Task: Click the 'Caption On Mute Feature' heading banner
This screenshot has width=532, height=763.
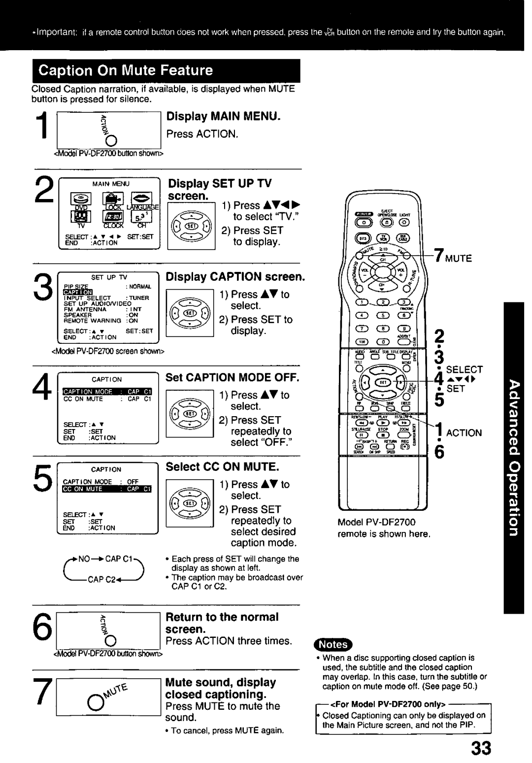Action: (x=166, y=71)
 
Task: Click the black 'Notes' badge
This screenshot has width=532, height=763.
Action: (x=333, y=644)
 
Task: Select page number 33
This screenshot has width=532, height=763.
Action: (x=480, y=748)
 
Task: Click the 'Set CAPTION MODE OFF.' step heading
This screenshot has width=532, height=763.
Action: (x=232, y=378)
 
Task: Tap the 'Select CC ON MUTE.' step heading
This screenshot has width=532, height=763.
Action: (x=222, y=466)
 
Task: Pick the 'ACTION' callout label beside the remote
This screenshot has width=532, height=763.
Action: (x=464, y=433)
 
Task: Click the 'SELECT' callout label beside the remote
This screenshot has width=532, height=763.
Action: (x=465, y=370)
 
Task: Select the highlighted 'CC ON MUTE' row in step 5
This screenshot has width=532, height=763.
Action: (x=107, y=489)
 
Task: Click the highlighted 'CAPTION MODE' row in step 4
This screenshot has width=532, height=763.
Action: (x=107, y=392)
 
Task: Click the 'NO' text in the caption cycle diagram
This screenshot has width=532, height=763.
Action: (x=82, y=559)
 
